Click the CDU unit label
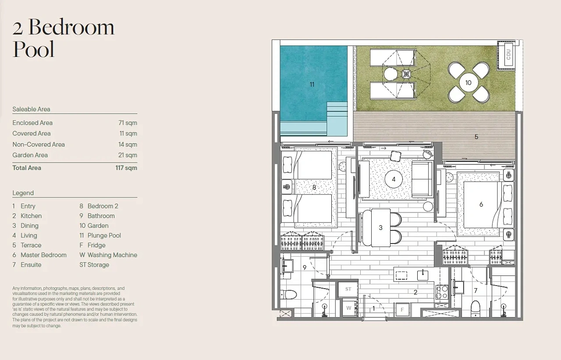point(508,55)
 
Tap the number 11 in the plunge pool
point(312,85)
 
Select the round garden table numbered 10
point(469,83)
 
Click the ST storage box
point(348,289)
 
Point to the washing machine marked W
point(348,308)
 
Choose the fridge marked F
point(402,310)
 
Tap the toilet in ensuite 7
point(476,309)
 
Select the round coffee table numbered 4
point(394,179)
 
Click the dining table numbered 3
point(381,228)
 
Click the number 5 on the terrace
point(476,137)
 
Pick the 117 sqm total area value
point(126,168)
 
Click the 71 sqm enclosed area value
point(128,123)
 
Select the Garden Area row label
point(30,155)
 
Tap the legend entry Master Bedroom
point(43,255)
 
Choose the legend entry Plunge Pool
point(104,235)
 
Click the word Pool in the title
point(34,49)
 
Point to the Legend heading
point(23,193)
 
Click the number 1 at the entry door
point(373,308)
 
